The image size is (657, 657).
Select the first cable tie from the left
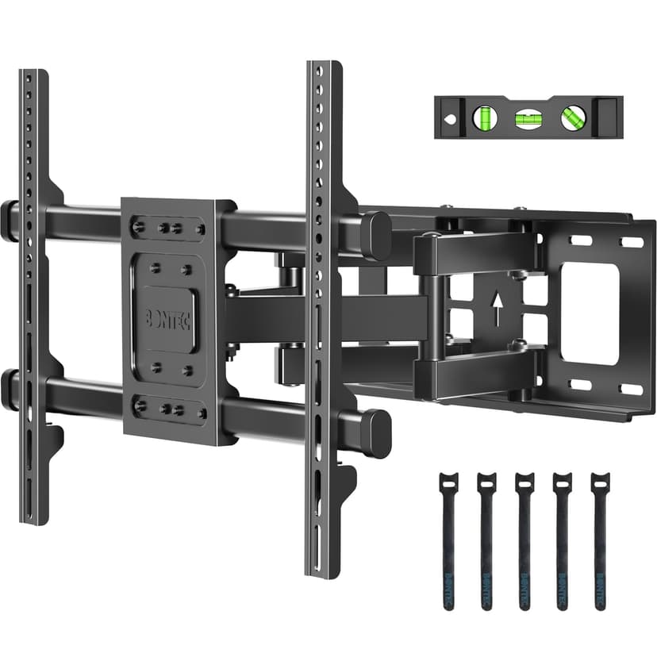click(x=448, y=540)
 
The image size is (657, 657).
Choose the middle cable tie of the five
click(x=524, y=540)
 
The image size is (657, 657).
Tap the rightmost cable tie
click(x=600, y=540)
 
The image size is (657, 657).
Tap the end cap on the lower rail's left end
click(x=9, y=388)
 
